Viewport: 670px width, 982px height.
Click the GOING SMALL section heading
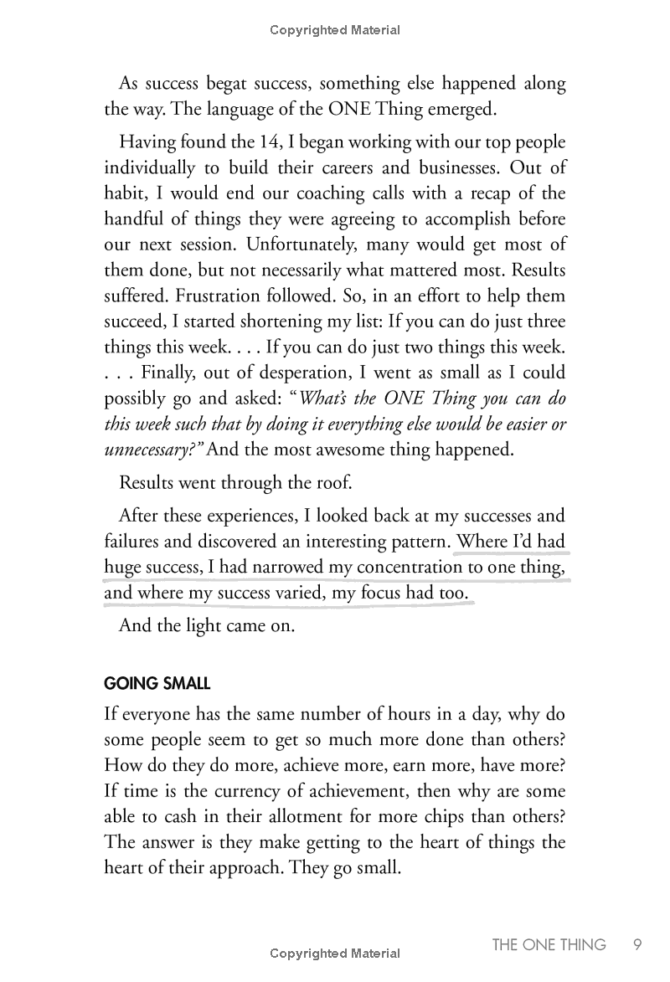click(x=157, y=681)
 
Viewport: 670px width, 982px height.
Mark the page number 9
click(x=636, y=945)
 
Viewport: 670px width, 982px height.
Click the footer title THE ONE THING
click(x=549, y=945)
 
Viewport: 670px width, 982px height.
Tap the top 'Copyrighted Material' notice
click(x=335, y=30)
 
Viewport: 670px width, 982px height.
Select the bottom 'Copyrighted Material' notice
click(x=335, y=954)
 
